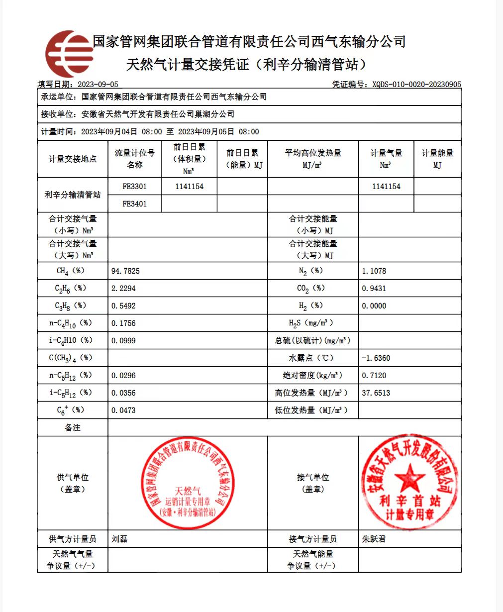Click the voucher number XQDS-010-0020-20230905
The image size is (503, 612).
tap(416, 85)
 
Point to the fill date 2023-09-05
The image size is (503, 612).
tap(99, 85)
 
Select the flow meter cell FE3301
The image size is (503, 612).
tap(134, 187)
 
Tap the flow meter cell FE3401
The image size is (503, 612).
tap(134, 204)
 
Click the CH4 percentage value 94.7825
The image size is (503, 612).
tap(125, 271)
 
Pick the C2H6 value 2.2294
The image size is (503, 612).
tap(123, 289)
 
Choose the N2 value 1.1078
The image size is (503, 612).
tap(374, 271)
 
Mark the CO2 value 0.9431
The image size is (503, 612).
tap(374, 289)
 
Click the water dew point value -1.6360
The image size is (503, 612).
tap(376, 358)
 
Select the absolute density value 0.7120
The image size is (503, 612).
tap(374, 376)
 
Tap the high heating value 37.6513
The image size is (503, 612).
tap(376, 393)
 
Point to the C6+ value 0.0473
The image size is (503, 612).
tap(123, 410)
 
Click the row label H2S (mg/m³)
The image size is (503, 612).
tap(312, 323)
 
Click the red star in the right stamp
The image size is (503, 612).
tap(409, 478)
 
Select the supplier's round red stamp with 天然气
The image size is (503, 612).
tap(188, 483)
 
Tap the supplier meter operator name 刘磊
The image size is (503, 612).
tap(119, 539)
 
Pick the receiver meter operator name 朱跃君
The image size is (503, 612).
tap(374, 539)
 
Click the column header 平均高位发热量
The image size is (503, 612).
tap(313, 153)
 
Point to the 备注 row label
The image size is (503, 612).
tap(73, 428)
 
